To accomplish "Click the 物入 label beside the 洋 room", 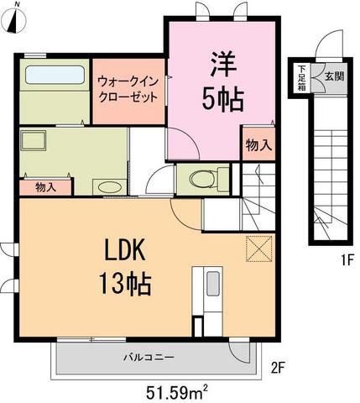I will [258, 145].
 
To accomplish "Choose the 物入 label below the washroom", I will [46, 188].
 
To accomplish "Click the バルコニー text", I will [149, 357].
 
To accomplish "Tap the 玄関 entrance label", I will [333, 76].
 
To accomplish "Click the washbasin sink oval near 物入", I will [107, 186].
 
